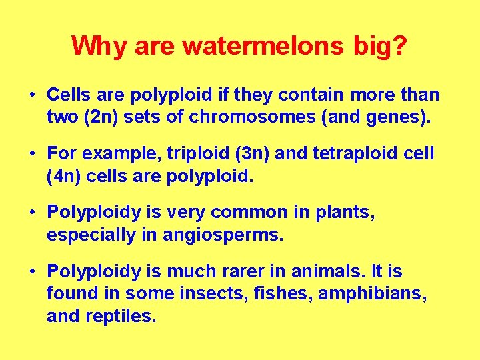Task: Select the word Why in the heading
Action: (x=101, y=45)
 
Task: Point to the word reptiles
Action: (x=121, y=315)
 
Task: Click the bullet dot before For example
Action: (x=32, y=154)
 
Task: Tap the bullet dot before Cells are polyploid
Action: (x=32, y=95)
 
